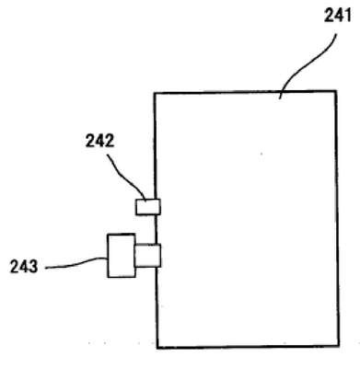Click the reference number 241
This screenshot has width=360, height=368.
(338, 16)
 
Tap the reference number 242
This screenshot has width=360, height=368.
(99, 141)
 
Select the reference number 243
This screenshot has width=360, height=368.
(24, 266)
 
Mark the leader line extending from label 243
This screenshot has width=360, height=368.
(76, 264)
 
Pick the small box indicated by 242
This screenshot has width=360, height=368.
(148, 207)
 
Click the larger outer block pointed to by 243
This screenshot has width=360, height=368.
(122, 256)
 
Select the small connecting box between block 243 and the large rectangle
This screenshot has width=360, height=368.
(147, 256)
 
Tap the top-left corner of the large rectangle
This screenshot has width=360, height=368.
(155, 93)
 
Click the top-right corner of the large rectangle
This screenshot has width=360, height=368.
(336, 91)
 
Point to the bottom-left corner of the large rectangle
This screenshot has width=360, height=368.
(157, 348)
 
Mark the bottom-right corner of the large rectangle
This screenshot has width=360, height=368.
(339, 346)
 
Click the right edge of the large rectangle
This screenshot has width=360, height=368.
(338, 218)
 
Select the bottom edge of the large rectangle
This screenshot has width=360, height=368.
(248, 347)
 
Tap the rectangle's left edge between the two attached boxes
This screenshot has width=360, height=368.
(156, 229)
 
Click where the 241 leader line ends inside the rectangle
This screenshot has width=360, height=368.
(280, 98)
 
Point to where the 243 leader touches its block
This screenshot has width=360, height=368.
(108, 259)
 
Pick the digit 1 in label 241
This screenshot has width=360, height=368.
(347, 16)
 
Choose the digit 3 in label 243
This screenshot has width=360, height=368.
(33, 266)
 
